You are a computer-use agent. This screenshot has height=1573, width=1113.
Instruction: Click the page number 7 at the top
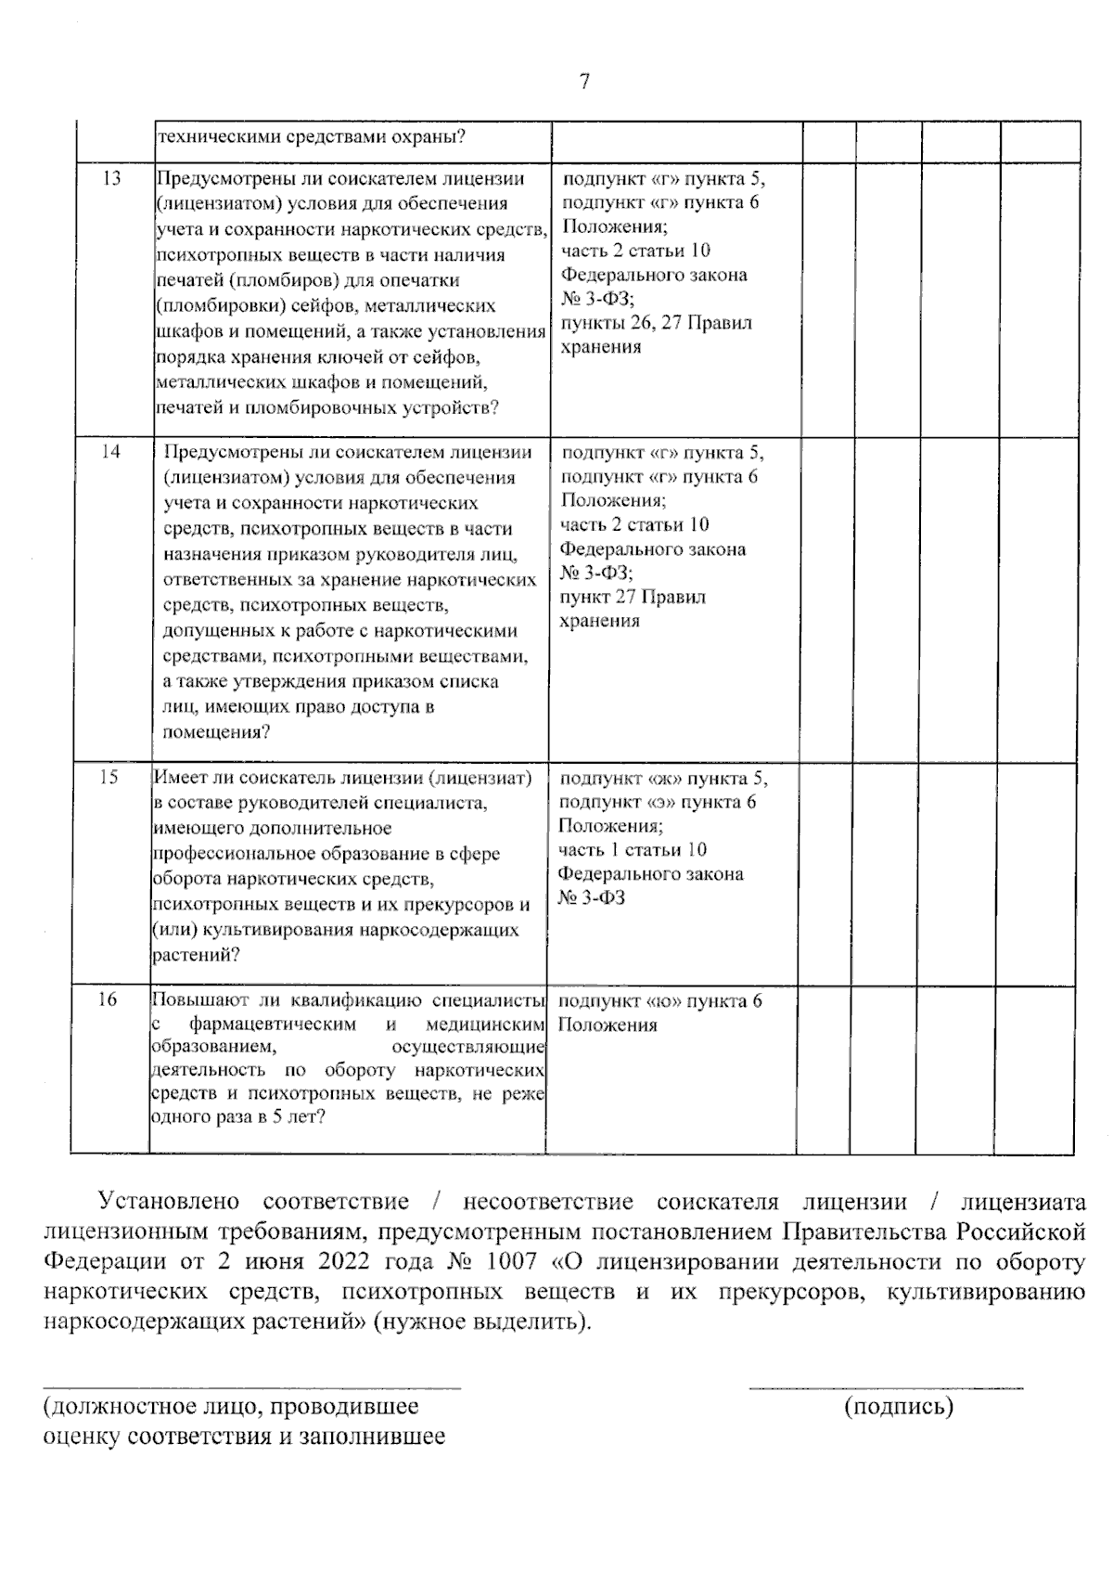[x=584, y=82]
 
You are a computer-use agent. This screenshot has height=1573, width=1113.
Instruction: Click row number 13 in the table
[x=111, y=178]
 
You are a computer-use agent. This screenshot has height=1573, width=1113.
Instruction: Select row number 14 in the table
[x=111, y=452]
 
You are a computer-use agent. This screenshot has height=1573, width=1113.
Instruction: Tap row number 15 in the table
[x=109, y=777]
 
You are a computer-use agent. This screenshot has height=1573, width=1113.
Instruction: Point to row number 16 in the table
[x=109, y=999]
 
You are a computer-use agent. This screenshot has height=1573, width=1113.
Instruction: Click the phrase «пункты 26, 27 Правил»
[x=656, y=323]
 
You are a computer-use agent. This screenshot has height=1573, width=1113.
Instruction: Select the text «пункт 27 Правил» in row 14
[x=633, y=597]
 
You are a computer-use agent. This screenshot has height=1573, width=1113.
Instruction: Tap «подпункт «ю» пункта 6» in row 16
[x=661, y=1000]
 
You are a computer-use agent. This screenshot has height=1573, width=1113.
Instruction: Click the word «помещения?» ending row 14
[x=217, y=731]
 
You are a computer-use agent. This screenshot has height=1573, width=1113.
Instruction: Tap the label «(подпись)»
[x=899, y=1407]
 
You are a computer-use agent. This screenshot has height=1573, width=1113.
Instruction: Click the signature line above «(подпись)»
[x=886, y=1388]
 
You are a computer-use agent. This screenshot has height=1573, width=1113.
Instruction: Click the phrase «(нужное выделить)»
[x=480, y=1322]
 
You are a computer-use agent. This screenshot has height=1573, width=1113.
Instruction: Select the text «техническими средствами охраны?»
[x=312, y=137]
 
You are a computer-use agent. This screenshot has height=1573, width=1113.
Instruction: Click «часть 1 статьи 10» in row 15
[x=633, y=849]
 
